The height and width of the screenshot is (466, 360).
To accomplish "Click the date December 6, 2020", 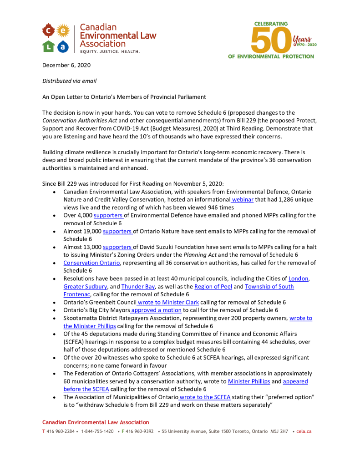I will [66, 65].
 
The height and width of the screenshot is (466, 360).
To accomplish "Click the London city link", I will [299, 279].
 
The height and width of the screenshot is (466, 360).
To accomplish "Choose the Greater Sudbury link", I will [85, 287].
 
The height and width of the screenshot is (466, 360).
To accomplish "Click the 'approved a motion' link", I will [156, 310].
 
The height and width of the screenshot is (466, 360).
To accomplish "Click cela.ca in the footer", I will [304, 431].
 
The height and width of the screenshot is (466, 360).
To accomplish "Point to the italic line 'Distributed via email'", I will [69, 81].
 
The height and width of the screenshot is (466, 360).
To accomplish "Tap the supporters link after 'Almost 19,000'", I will [117, 231].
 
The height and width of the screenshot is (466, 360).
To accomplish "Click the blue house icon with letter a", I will [63, 46].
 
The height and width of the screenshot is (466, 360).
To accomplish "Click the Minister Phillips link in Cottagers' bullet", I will [249, 381].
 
